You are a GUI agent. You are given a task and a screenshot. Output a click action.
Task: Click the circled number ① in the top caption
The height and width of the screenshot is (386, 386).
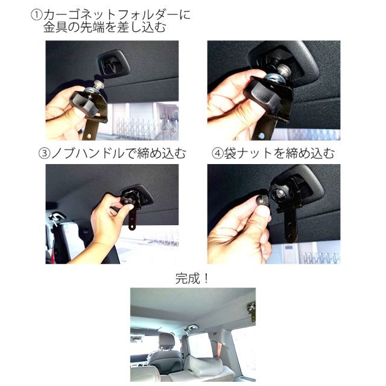(36, 14)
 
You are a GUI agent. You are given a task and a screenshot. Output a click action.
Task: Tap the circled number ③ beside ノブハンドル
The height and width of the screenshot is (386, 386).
(45, 153)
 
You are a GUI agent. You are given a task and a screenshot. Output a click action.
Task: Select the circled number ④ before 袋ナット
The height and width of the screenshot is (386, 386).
(217, 153)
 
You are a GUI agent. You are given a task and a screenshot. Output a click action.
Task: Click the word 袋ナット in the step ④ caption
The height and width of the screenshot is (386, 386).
(248, 153)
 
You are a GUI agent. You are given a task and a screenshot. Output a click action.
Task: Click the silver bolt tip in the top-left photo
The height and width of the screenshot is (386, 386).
(100, 84)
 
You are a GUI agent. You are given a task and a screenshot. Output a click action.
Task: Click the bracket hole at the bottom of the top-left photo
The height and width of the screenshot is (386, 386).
(90, 136)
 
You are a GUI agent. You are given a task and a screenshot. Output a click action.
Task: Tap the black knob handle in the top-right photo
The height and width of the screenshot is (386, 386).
(261, 95)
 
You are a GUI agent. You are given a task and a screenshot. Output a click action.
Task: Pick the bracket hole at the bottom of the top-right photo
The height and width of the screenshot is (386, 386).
(262, 136)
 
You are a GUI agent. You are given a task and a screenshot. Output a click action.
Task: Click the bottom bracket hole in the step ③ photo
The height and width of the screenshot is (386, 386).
(132, 226)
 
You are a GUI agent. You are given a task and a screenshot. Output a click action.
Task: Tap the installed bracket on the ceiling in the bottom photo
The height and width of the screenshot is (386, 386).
(252, 311)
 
